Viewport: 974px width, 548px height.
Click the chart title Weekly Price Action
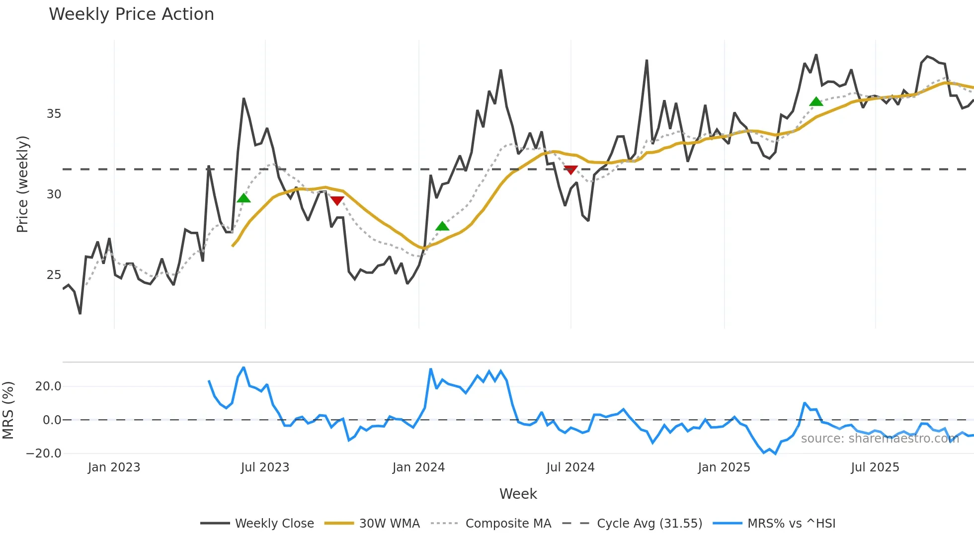(x=131, y=14)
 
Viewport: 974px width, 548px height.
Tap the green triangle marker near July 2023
(x=243, y=198)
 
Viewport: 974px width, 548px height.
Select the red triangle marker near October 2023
(x=337, y=200)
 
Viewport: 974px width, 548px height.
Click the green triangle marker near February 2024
(x=442, y=227)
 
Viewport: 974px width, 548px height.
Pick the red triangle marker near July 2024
(x=570, y=170)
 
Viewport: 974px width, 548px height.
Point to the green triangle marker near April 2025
(x=816, y=102)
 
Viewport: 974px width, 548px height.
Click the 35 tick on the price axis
(x=54, y=114)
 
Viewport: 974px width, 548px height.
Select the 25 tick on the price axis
(x=54, y=275)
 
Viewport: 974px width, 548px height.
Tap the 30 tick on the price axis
(x=54, y=194)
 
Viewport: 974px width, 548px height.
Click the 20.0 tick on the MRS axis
(x=48, y=386)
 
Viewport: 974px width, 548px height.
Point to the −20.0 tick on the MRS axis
(x=44, y=454)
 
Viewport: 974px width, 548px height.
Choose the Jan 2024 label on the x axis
(x=418, y=467)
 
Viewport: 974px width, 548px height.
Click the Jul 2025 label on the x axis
(x=875, y=467)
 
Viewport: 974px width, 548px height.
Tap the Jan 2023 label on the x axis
(x=114, y=467)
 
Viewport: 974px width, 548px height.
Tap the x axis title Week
(x=518, y=494)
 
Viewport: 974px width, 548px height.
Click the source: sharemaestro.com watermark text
(x=880, y=439)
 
